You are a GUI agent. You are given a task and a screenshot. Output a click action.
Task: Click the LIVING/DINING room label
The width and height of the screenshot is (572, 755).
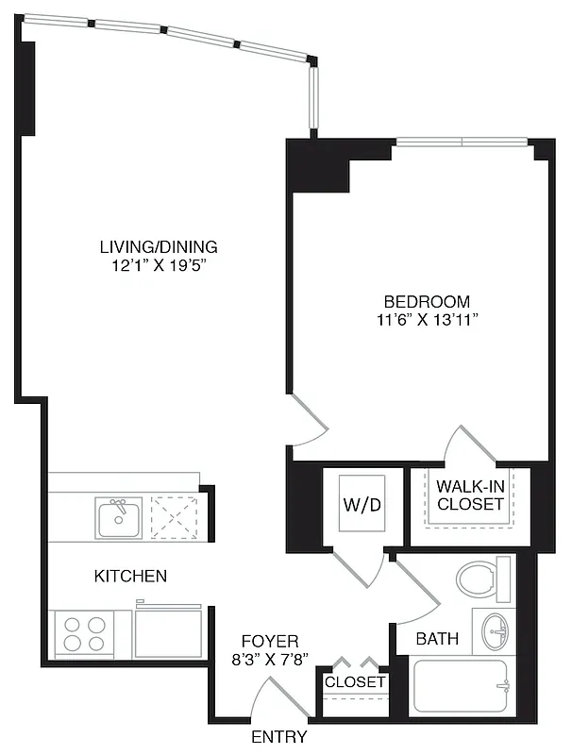tap(159, 247)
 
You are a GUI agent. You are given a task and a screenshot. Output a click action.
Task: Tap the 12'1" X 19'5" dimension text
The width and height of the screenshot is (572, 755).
tap(159, 266)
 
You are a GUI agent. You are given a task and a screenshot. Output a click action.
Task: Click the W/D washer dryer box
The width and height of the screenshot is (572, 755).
tap(361, 505)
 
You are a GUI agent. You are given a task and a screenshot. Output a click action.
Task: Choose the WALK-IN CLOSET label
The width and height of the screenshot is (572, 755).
tap(470, 495)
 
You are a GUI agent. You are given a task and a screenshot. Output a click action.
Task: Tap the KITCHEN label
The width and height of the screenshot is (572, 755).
tap(131, 576)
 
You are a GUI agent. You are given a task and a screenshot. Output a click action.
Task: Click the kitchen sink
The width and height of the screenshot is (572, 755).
tap(119, 518)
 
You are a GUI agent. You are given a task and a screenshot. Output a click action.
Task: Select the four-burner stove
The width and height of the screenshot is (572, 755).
tap(85, 633)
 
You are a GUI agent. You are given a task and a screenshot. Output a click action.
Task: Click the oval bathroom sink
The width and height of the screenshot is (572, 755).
tap(495, 630)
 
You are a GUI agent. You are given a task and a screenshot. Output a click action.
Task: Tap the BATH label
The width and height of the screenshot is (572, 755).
tap(437, 639)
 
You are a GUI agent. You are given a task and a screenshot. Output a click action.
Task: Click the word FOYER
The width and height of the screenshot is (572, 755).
tap(270, 640)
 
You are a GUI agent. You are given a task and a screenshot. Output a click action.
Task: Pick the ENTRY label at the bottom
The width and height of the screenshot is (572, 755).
tap(278, 737)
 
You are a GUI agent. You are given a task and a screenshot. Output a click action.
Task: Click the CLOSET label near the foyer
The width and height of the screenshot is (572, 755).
tap(355, 681)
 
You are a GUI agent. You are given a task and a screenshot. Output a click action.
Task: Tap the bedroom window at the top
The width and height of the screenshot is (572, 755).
tap(461, 143)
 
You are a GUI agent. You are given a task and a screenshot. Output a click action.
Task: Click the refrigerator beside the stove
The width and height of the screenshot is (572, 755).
tap(168, 633)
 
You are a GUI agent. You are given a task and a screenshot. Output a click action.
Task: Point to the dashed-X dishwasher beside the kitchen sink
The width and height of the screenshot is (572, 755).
tap(174, 518)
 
